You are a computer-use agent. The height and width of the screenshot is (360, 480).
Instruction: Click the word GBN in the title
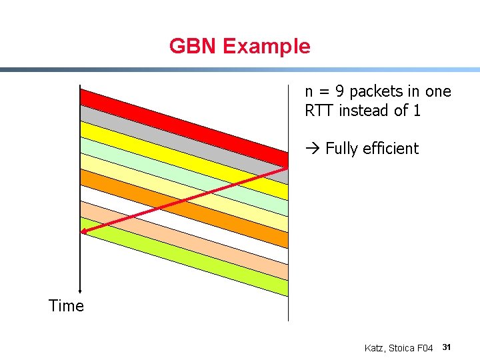pyautogui.click(x=193, y=46)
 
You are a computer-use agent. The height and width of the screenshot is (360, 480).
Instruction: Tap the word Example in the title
pyautogui.click(x=266, y=46)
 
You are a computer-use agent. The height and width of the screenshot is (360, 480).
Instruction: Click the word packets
pyautogui.click(x=375, y=91)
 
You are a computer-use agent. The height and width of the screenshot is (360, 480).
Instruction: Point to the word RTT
pyautogui.click(x=319, y=111)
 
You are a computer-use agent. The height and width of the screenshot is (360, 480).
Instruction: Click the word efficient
pyautogui.click(x=391, y=149)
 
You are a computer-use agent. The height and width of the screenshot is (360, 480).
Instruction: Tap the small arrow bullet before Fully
pyautogui.click(x=313, y=149)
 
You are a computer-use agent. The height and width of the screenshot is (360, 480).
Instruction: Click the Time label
pyautogui.click(x=66, y=306)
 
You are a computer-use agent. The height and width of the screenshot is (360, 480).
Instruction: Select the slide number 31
pyautogui.click(x=447, y=347)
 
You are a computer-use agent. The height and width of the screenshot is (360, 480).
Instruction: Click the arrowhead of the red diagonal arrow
pyautogui.click(x=84, y=231)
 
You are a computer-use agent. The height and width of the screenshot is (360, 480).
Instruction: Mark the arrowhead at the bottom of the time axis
pyautogui.click(x=80, y=291)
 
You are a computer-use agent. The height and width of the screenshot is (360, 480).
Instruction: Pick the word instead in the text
pyautogui.click(x=364, y=111)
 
